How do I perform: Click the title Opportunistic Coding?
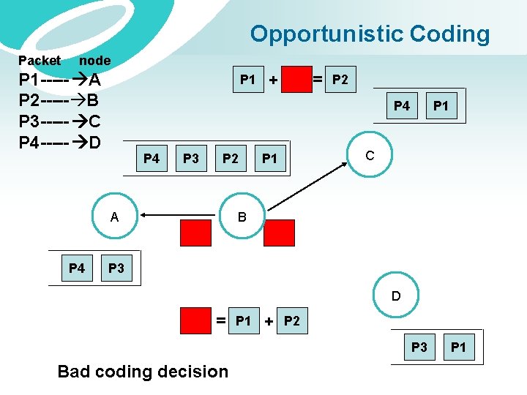[x=370, y=34]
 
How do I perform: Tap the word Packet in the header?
[x=40, y=61]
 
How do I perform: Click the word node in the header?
[x=94, y=61]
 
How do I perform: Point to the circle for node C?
[x=370, y=155]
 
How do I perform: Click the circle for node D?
[x=396, y=296]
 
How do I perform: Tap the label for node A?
[x=114, y=216]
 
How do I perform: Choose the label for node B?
[x=242, y=216]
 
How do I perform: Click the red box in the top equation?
[x=296, y=79]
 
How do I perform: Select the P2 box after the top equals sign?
[x=340, y=79]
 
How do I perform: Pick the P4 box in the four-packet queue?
[x=152, y=158]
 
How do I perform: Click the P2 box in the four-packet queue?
[x=231, y=158]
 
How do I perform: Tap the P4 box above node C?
[x=402, y=106]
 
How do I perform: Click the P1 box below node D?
[x=458, y=347]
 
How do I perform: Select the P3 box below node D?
[x=419, y=347]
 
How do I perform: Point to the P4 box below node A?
[x=76, y=268]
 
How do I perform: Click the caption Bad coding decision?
[x=143, y=372]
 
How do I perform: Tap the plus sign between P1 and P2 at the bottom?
[x=269, y=322]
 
